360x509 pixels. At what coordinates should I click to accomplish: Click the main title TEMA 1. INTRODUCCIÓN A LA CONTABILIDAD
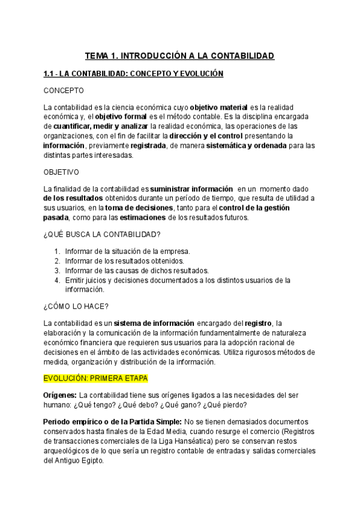(179, 56)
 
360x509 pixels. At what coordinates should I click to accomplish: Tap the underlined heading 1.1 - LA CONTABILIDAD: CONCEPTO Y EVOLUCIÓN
(133, 74)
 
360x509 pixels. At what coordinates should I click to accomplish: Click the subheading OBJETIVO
(65, 171)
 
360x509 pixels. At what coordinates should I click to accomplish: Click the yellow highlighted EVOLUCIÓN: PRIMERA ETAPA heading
(96, 379)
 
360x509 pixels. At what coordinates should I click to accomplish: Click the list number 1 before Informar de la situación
(56, 251)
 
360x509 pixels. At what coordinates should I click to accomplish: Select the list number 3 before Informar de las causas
(56, 270)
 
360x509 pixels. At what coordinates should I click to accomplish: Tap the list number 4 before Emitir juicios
(56, 280)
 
